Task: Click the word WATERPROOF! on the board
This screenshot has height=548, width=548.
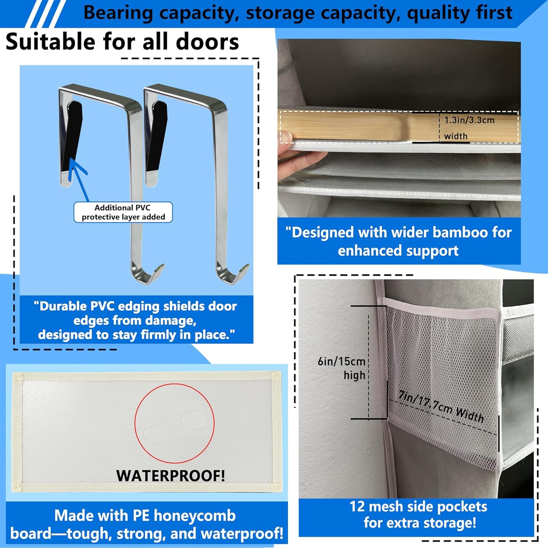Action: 171,476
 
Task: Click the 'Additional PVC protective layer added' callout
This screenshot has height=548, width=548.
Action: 123,212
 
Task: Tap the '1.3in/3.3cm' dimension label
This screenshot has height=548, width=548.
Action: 469,120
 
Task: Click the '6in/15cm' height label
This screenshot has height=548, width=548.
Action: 341,361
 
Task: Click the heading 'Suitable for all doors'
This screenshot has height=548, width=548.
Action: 122,42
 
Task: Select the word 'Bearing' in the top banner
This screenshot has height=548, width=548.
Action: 118,13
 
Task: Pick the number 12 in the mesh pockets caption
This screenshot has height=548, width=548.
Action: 357,507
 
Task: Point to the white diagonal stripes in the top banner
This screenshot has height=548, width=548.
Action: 46,14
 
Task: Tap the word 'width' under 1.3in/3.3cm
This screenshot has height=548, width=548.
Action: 455,136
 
